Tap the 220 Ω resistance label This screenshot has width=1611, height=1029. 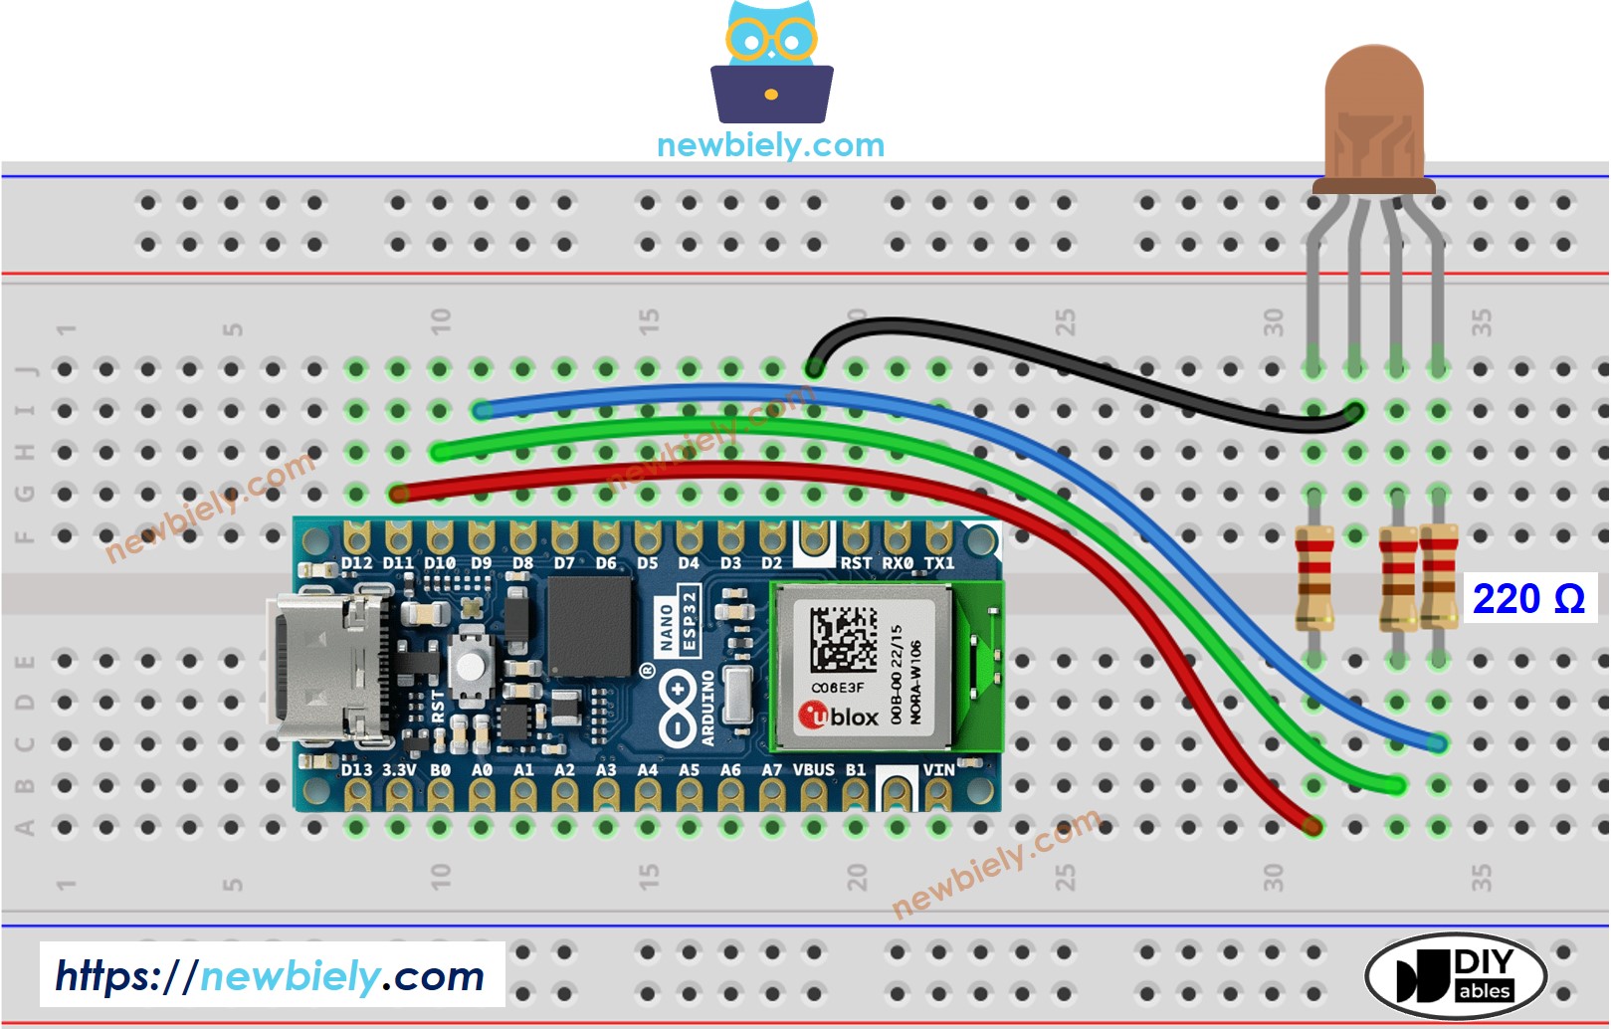[x=1527, y=599]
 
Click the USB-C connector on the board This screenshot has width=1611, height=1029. [x=323, y=669]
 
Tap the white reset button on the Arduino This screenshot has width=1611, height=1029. [x=471, y=665]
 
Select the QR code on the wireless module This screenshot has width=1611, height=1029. [x=842, y=638]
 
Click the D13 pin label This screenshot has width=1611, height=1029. [x=356, y=769]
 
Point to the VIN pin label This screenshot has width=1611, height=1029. [x=938, y=769]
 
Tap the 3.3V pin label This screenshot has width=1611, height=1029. [x=398, y=769]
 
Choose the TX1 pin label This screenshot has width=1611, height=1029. [x=938, y=563]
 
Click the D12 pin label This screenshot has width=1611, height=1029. [x=356, y=563]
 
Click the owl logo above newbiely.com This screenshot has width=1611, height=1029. [x=771, y=62]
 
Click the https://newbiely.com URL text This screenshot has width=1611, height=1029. [x=270, y=976]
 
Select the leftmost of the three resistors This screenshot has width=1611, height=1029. [x=1313, y=579]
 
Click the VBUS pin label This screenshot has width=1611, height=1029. [x=813, y=769]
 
